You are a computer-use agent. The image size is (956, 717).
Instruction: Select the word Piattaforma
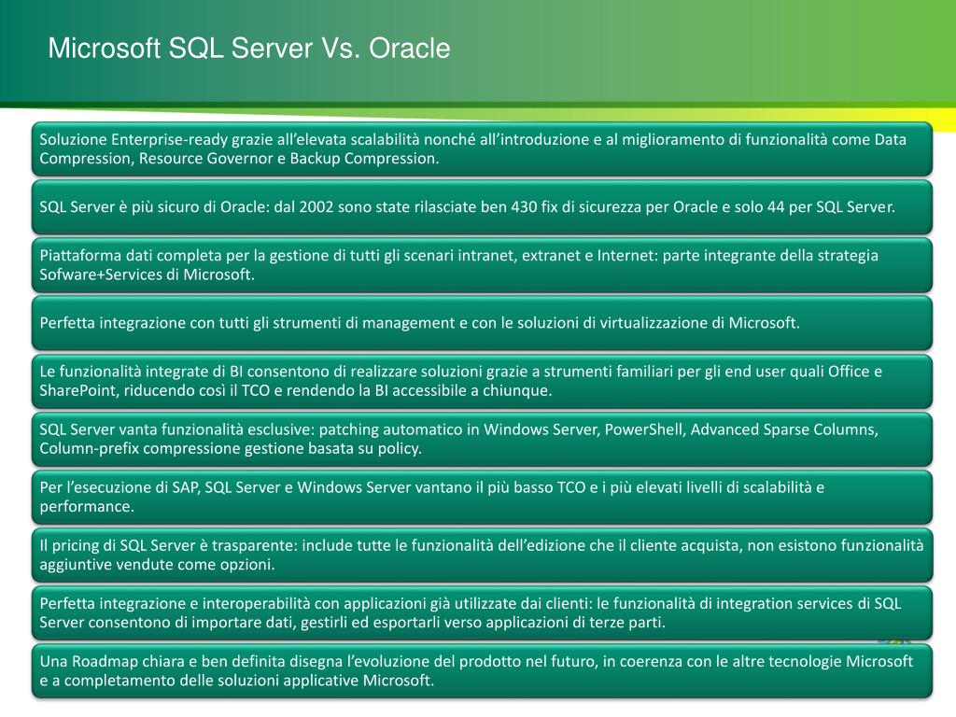click(x=79, y=256)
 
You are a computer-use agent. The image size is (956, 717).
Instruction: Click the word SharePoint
click(x=76, y=390)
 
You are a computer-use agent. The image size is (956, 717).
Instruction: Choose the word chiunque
click(x=517, y=390)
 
